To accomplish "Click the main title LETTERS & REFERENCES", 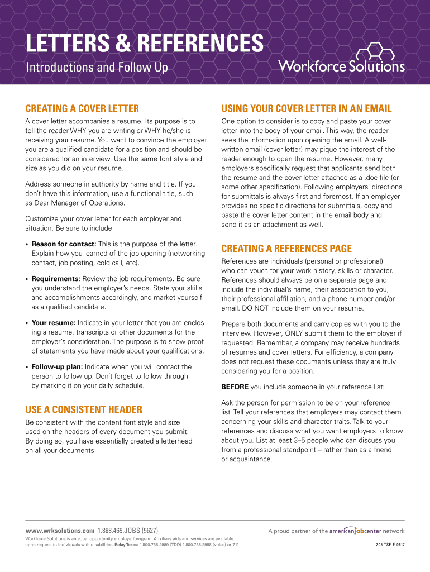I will click(x=145, y=44).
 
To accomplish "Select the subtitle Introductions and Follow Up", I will click(x=97, y=68).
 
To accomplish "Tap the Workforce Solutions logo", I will click(x=341, y=60).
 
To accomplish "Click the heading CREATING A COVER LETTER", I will click(x=82, y=108).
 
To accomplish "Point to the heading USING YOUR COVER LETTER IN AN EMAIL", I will click(x=307, y=108).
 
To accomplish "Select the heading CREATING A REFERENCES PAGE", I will click(x=286, y=249).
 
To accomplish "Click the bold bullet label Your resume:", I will click(x=54, y=322).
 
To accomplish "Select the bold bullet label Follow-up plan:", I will click(x=57, y=367).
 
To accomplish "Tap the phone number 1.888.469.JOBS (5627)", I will click(x=127, y=530).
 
